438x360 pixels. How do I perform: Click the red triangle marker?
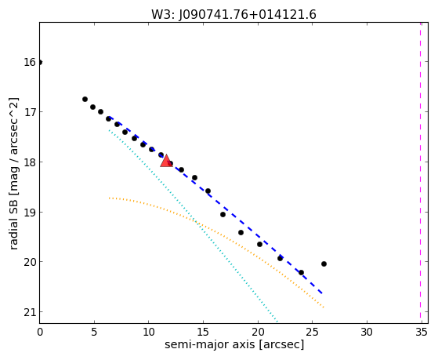pos(166,161)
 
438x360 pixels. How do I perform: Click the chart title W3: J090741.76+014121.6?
pos(233,15)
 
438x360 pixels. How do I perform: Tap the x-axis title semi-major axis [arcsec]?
pos(234,344)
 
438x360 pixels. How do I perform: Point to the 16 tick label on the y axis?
pos(29,62)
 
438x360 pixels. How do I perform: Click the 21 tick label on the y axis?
pos(29,312)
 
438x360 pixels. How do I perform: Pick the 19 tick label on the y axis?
pos(29,213)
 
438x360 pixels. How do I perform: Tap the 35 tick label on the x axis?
pos(421,333)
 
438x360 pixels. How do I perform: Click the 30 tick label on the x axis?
pos(367,333)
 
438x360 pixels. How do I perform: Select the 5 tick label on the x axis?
pos(94,333)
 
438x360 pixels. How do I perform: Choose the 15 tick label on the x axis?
pos(203,333)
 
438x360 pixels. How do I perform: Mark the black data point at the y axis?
pos(40,62)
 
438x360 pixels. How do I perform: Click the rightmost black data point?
pos(324,264)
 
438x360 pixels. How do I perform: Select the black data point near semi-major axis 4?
pos(85,99)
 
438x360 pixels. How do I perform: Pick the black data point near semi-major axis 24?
pos(301,272)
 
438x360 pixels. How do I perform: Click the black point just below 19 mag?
pos(223,215)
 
